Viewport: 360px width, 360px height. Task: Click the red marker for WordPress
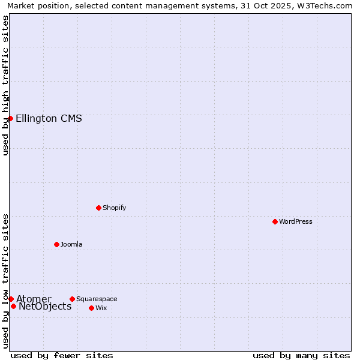coord(275,221)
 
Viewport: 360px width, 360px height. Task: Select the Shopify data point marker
coord(98,208)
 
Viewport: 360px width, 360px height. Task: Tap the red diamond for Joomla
coord(56,244)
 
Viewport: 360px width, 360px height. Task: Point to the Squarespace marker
coord(72,299)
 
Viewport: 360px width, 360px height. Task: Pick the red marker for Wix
coord(91,308)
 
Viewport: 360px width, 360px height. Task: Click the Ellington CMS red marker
coord(10,118)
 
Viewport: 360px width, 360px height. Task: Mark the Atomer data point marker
coord(11,299)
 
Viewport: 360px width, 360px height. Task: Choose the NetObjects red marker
coord(13,306)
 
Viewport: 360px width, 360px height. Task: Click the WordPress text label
coord(295,221)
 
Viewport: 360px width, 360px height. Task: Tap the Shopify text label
coord(114,208)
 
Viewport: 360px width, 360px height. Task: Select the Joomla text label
coord(71,244)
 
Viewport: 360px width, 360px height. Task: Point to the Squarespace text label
coord(97,299)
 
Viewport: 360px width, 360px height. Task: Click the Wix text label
coord(101,308)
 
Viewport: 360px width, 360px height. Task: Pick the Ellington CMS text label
coord(49,118)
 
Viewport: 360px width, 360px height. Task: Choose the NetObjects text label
coord(45,307)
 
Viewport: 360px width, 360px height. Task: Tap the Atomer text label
coord(34,299)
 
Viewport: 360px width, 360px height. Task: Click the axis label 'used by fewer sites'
coord(62,355)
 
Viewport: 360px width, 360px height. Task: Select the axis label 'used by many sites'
coord(301,355)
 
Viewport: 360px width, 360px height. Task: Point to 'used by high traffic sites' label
coord(5,85)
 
